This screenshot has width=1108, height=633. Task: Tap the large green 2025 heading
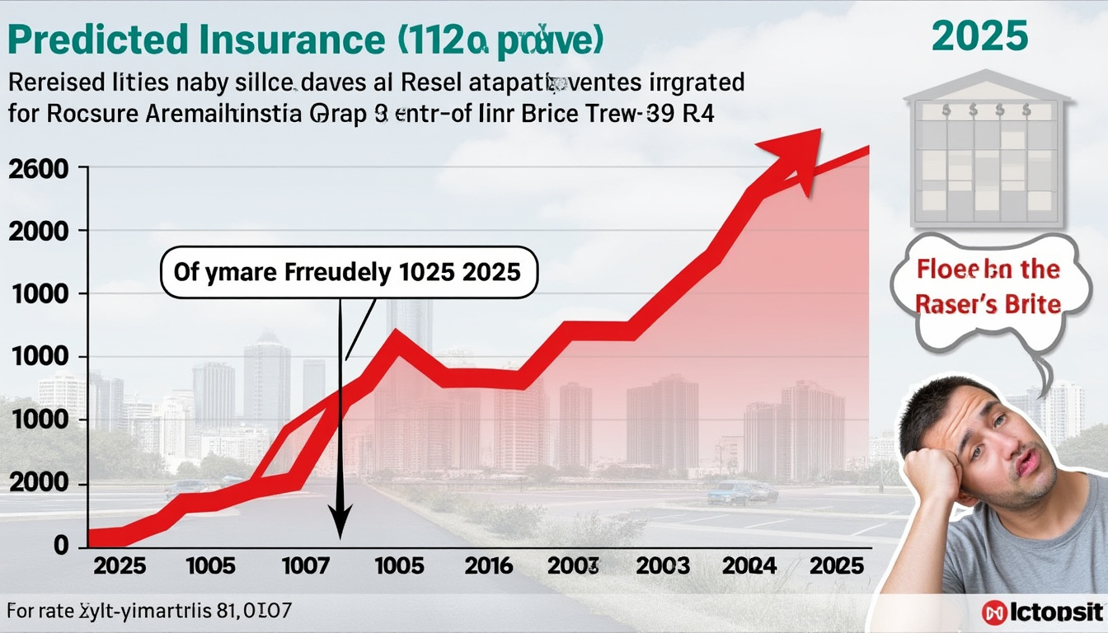tap(979, 37)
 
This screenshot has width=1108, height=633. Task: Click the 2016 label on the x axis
tap(488, 566)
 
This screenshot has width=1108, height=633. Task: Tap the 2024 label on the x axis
tap(749, 566)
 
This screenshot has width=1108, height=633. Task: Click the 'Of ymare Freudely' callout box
tap(347, 273)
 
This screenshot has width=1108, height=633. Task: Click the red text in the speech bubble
tap(988, 288)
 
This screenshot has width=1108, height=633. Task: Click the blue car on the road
tap(730, 494)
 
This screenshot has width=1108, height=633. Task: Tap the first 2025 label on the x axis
tap(120, 566)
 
